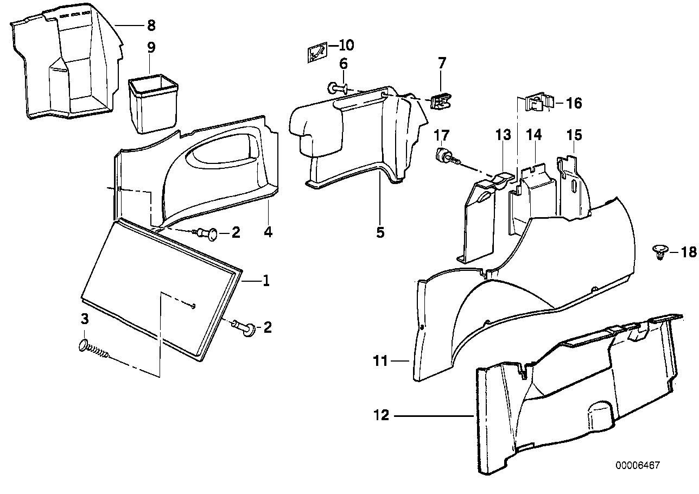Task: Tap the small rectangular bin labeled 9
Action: [x=154, y=103]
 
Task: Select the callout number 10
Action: [x=346, y=44]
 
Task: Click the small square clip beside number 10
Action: [x=316, y=53]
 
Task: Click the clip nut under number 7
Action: [x=441, y=100]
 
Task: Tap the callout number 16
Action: [x=574, y=103]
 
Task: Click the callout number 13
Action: [x=503, y=135]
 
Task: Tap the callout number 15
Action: [x=574, y=135]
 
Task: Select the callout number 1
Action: [x=266, y=281]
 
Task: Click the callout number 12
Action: [x=382, y=416]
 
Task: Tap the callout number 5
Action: [x=380, y=232]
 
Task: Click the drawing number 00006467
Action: [x=638, y=466]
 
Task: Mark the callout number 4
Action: [x=268, y=232]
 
